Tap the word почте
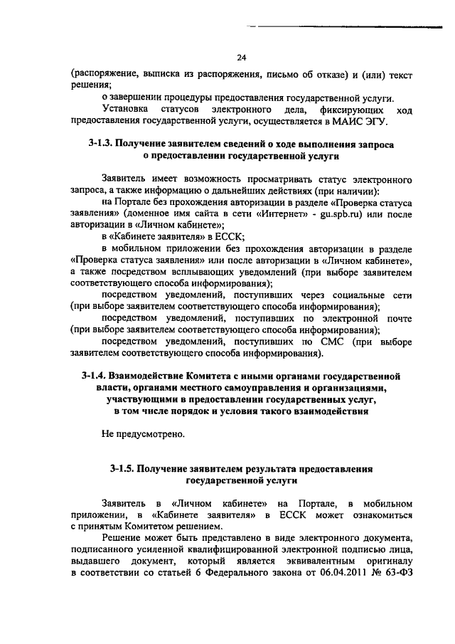[x=396, y=318]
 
